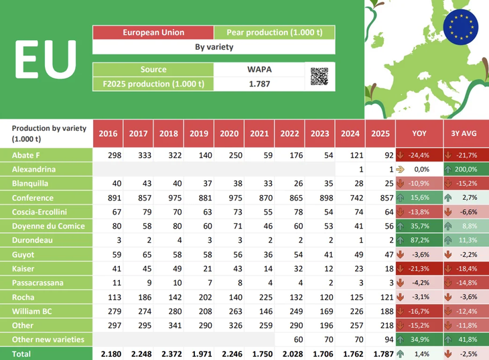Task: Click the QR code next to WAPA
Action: pos(320,76)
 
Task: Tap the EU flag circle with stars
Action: pos(460,27)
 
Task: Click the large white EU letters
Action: pos(45,59)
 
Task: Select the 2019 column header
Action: pos(199,133)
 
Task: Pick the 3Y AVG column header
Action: pos(464,133)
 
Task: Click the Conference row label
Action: pos(33,198)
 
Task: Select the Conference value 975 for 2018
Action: pos(169,198)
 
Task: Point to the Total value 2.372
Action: pos(169,353)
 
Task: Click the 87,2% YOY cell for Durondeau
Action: pos(420,240)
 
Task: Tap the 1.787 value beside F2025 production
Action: pos(259,84)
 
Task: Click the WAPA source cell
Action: pos(259,69)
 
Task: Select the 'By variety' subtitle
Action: pos(214,48)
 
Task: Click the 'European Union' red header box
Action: pos(153,32)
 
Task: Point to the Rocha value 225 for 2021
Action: pos(259,297)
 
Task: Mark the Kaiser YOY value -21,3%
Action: pos(420,268)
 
